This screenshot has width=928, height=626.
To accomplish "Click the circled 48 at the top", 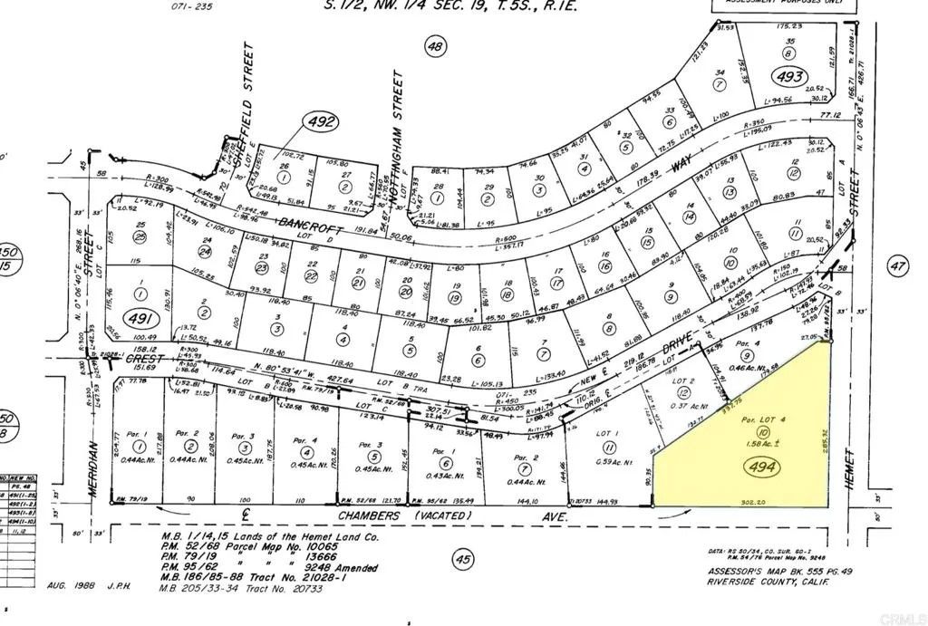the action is coord(436,46).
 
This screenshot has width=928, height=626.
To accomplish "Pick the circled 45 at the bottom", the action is coord(463,561).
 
